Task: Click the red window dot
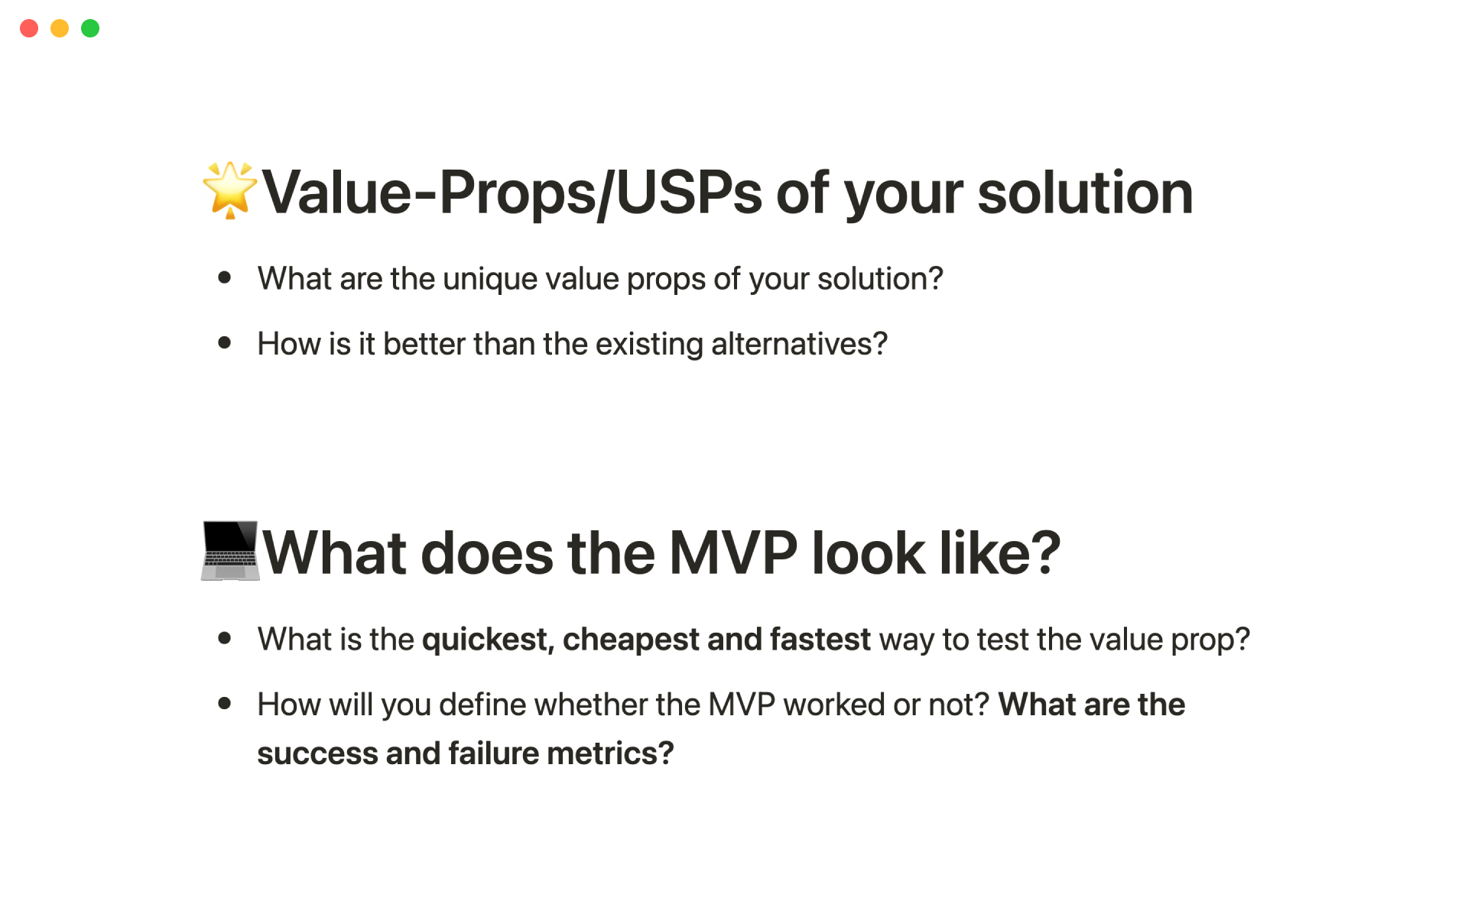(x=29, y=28)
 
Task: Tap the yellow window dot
(x=60, y=28)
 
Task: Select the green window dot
(x=90, y=28)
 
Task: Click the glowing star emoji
(x=229, y=190)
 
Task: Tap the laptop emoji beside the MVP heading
(x=230, y=551)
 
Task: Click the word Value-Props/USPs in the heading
(x=512, y=193)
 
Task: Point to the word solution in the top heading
(x=1085, y=193)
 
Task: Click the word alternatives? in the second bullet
(x=799, y=344)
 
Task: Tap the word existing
(x=649, y=345)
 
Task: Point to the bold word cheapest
(x=631, y=640)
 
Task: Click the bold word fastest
(x=820, y=640)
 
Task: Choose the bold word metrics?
(x=610, y=753)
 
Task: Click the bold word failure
(x=494, y=753)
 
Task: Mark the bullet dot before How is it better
(x=225, y=342)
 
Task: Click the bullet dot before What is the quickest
(x=225, y=637)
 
